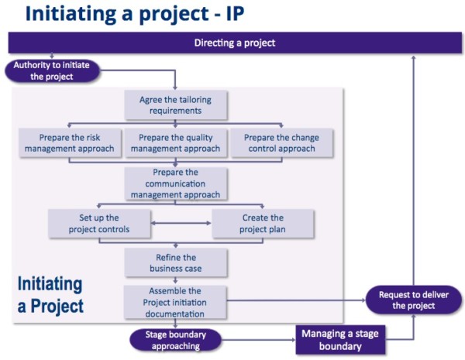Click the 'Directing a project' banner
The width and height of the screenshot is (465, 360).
coord(234,43)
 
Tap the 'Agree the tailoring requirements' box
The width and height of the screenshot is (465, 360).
coord(175,105)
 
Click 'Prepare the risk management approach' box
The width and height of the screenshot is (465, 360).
coord(69,143)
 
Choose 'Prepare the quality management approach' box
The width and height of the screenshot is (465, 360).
coord(175,143)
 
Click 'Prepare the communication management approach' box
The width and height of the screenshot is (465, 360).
coord(175,183)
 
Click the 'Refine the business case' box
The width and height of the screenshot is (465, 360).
coord(175,262)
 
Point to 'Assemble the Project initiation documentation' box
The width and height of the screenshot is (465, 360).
coord(175,303)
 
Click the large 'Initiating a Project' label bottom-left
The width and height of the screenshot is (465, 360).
coord(50,294)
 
